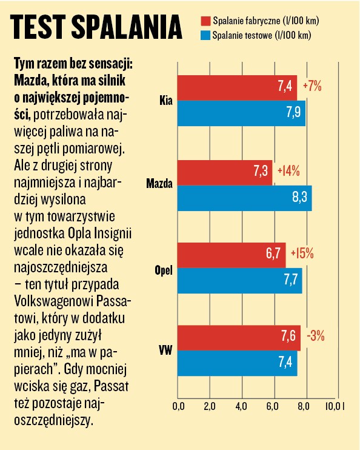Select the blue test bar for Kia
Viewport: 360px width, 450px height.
pyautogui.click(x=241, y=113)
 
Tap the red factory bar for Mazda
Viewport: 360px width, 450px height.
pyautogui.click(x=225, y=172)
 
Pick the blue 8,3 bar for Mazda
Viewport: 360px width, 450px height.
pyautogui.click(x=244, y=198)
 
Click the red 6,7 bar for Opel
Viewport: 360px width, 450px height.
pyautogui.click(x=231, y=255)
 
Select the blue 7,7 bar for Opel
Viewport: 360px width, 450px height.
pyautogui.click(x=239, y=281)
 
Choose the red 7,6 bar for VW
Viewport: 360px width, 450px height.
pyautogui.click(x=239, y=337)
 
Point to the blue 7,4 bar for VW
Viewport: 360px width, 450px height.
pyautogui.click(x=237, y=363)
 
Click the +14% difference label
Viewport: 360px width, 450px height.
pyautogui.click(x=288, y=172)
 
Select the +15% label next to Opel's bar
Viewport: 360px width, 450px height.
pyautogui.click(x=302, y=254)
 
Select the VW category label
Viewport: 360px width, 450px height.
pyautogui.click(x=165, y=350)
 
